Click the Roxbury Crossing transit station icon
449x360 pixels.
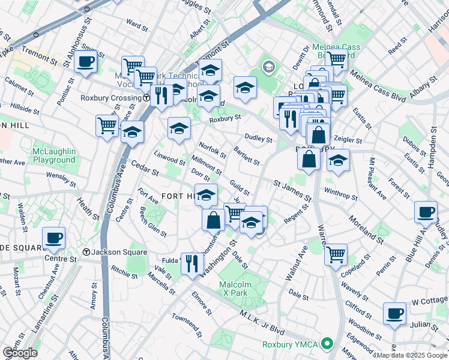pyautogui.click(x=147, y=98)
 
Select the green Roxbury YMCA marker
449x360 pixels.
pyautogui.click(x=327, y=344)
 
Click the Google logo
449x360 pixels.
pyautogui.click(x=20, y=353)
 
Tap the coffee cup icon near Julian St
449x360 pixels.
pyautogui.click(x=394, y=313)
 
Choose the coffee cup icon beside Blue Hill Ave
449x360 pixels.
pyautogui.click(x=426, y=212)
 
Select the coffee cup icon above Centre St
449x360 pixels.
pyautogui.click(x=54, y=238)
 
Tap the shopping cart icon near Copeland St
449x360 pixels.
pyautogui.click(x=336, y=254)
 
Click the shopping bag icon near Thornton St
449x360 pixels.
pyautogui.click(x=213, y=219)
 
